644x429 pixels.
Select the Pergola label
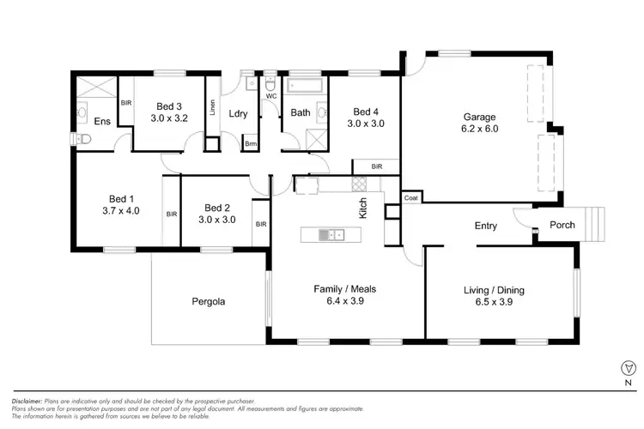pos(209,302)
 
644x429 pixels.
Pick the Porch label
pos(562,226)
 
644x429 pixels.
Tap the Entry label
pos(486,226)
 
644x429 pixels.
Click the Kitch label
pos(364,208)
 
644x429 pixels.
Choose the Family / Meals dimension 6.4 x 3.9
pos(344,302)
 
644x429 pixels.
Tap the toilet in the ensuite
pos(84,139)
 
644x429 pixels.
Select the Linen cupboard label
pos(211,109)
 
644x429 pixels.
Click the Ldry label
pos(239,113)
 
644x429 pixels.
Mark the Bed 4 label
pos(365,112)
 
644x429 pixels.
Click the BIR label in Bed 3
pos(125,103)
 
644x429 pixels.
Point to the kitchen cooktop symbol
pos(360,182)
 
